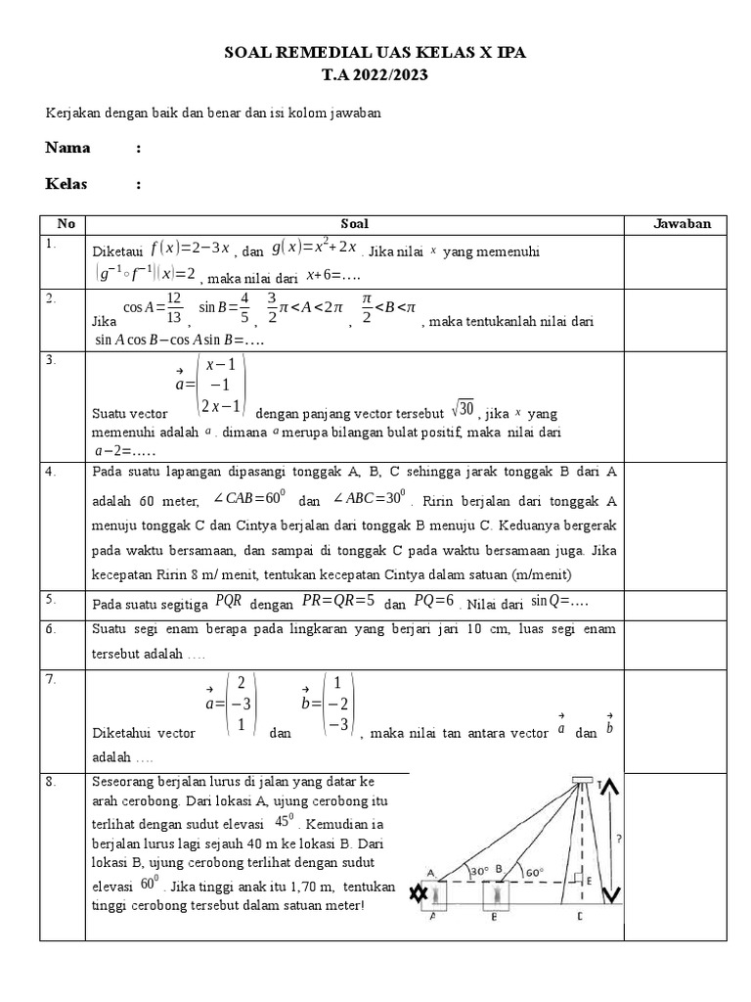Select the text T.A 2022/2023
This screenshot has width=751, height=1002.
[x=375, y=74]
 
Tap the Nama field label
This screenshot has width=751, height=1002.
[x=67, y=148]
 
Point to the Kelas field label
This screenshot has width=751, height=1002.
[x=66, y=184]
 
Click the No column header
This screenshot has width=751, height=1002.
[x=66, y=224]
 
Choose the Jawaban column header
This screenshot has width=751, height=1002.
[x=682, y=224]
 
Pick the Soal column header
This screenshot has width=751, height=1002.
[x=354, y=224]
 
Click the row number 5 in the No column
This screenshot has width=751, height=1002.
[x=51, y=598]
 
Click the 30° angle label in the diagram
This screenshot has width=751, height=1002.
[x=477, y=869]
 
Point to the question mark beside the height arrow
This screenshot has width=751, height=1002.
[x=620, y=839]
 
